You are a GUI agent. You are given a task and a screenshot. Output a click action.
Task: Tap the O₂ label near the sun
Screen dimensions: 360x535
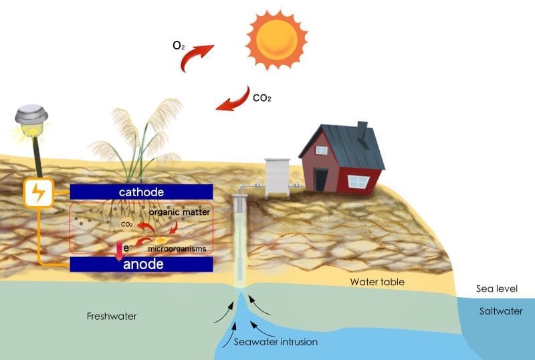pos(178,46)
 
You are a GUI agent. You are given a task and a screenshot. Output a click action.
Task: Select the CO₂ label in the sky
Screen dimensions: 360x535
pos(261,98)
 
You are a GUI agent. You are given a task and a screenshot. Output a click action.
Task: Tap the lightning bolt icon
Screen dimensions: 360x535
pos(38,193)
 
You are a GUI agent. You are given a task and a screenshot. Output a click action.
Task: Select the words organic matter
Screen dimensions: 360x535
pos(180,212)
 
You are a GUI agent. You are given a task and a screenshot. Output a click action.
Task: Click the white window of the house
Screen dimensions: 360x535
pos(358,181)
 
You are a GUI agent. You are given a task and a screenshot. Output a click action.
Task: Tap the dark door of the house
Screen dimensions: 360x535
pos(322,179)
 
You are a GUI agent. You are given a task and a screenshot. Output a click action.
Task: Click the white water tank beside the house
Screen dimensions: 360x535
pos(277,177)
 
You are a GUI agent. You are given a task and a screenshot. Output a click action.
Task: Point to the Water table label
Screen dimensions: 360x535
pos(377,282)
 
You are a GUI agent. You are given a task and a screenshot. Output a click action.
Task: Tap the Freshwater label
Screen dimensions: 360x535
pos(112,316)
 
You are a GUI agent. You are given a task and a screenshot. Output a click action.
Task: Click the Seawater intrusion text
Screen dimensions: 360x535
pos(276,341)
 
